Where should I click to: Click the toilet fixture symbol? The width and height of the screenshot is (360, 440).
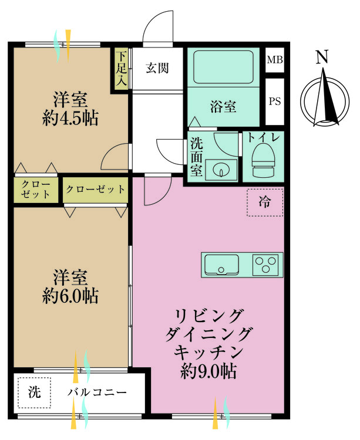click(263, 160)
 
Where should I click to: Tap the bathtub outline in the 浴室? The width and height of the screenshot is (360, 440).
click(223, 67)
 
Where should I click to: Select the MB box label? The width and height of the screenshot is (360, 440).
click(275, 60)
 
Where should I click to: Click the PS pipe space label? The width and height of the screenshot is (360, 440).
click(275, 101)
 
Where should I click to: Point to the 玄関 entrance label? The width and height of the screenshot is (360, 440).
click(157, 68)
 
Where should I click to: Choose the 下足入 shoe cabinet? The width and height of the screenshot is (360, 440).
click(122, 69)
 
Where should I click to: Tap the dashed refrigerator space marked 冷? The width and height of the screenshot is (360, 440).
click(265, 202)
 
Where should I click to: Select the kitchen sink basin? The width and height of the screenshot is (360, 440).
click(221, 265)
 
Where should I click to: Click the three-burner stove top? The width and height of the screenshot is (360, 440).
click(265, 265)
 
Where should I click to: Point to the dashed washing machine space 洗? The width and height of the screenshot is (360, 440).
click(34, 392)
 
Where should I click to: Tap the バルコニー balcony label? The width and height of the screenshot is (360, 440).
click(97, 392)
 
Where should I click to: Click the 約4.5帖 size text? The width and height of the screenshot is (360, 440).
click(70, 118)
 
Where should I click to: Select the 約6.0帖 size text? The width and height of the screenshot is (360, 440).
click(70, 296)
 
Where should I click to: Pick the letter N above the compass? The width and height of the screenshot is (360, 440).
click(322, 57)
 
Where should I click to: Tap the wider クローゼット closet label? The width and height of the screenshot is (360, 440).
click(95, 189)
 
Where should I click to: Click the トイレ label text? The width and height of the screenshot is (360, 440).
click(264, 137)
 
